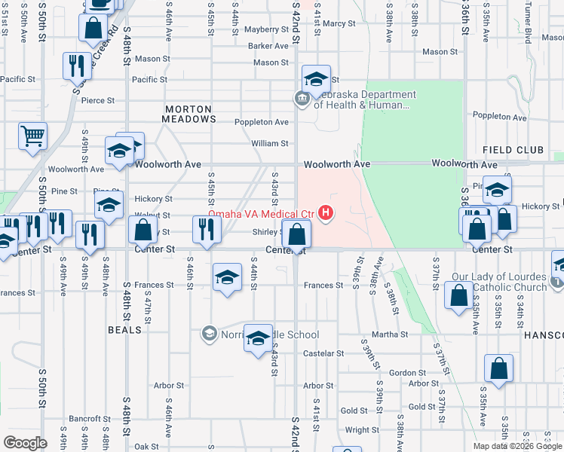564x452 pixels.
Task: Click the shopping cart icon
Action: [x=32, y=137]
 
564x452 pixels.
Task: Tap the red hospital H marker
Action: [x=326, y=214]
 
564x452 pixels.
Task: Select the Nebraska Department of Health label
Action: [x=364, y=100]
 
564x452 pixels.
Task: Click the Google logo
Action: [x=25, y=442]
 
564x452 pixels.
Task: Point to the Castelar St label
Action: [x=323, y=353]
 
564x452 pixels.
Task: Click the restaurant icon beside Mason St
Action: [x=75, y=66]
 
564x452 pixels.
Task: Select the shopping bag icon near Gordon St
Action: [x=498, y=368]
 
